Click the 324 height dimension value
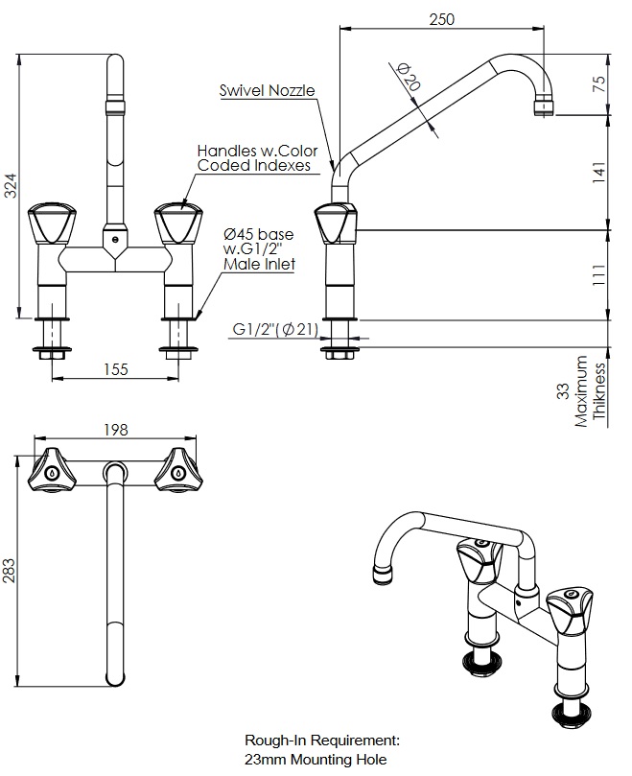pos(11,186)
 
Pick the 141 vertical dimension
pos(598,173)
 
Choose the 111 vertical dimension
pos(598,274)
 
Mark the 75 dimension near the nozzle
pos(598,82)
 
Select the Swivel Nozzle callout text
pos(267,91)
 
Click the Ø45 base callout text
pos(258,234)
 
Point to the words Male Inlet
pos(259,264)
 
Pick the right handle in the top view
pos(178,470)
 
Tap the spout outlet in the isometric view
pos(382,575)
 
